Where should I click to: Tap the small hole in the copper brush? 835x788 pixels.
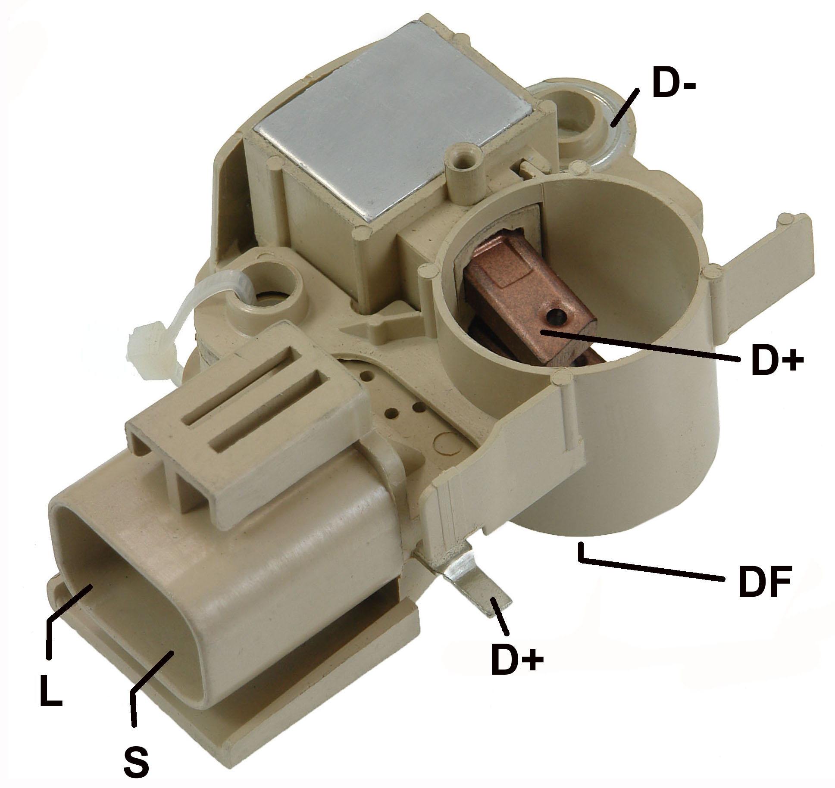554,318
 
